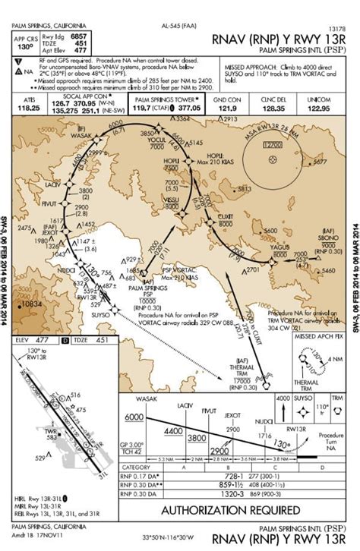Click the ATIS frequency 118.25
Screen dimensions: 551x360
coord(29,109)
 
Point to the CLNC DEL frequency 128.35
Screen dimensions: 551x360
coord(273,109)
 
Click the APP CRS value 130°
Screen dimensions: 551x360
coord(26,46)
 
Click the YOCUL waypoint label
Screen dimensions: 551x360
coord(157,140)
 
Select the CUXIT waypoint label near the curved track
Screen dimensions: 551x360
coord(226,216)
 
